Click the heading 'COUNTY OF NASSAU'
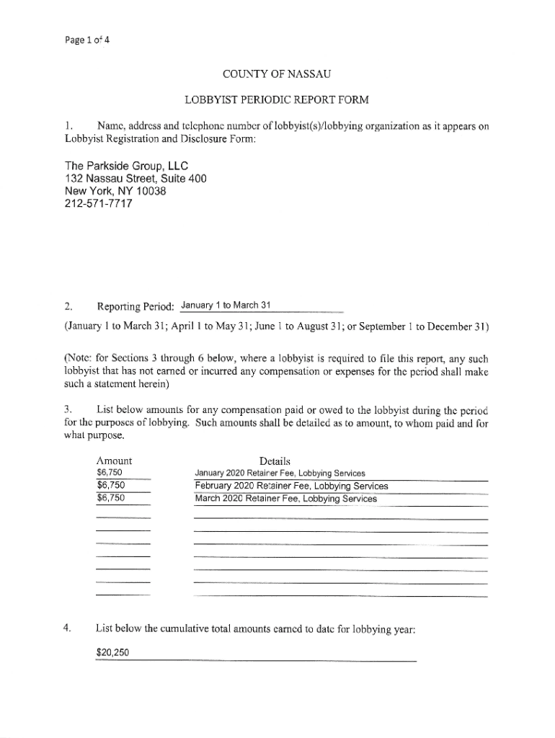tap(277, 74)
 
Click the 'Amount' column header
tap(114, 461)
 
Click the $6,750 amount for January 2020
tap(110, 473)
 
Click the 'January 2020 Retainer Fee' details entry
tap(280, 474)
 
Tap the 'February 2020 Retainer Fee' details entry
tap(291, 486)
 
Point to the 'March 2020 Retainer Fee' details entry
tap(285, 498)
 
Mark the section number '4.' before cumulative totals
tap(67, 628)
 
